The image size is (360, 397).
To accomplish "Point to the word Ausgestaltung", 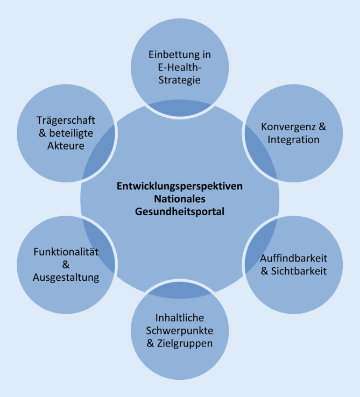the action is [66, 279].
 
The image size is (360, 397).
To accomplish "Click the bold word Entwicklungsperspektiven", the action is [180, 187].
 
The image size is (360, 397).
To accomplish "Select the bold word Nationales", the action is [180, 199].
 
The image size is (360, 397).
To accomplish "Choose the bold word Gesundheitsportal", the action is [180, 212].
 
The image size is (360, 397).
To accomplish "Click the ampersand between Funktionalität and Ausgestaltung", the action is [66, 265].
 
